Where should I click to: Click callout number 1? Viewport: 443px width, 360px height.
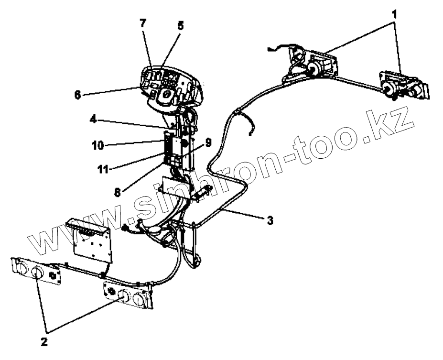click(394, 15)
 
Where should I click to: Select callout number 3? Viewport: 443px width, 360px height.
click(270, 221)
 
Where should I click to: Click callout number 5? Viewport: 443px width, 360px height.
click(180, 26)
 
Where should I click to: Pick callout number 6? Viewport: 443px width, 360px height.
click(77, 95)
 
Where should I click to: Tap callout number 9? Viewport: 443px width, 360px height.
click(208, 142)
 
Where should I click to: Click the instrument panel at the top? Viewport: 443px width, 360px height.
click(172, 86)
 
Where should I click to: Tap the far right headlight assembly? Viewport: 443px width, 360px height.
click(404, 85)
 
